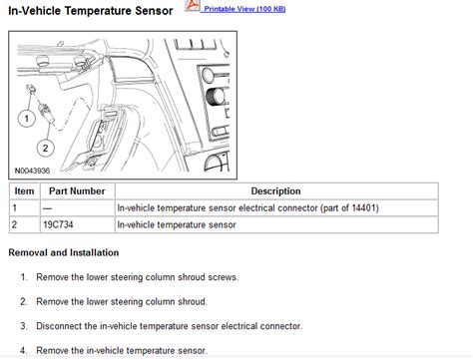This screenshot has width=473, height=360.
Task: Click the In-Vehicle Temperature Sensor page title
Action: [91, 10]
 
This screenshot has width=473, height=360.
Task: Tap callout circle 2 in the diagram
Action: [45, 149]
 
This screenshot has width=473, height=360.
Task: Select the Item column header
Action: [23, 190]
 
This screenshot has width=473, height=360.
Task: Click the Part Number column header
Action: [77, 190]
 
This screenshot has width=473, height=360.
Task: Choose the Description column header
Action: [275, 190]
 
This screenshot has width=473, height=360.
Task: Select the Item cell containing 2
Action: [15, 224]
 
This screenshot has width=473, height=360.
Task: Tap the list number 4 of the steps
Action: [23, 350]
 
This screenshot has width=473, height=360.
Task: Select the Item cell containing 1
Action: [15, 207]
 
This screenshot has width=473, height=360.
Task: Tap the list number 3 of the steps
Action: [23, 325]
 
